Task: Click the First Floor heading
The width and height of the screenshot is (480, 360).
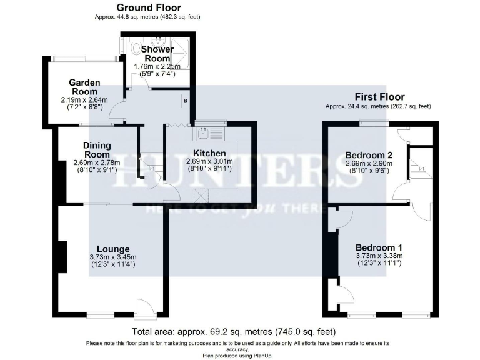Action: point(379,97)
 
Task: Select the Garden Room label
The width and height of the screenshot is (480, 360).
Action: point(84,87)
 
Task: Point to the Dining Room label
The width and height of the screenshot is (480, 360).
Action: point(97,150)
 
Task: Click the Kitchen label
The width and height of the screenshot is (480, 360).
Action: point(209,152)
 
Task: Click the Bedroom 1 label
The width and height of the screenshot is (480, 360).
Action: point(379,247)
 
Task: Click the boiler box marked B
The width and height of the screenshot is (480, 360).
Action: point(185,100)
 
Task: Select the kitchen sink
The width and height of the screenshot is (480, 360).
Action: point(204,133)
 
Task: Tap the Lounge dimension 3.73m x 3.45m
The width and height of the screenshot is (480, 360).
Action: point(112,257)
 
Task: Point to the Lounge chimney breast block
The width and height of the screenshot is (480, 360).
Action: point(62,257)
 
